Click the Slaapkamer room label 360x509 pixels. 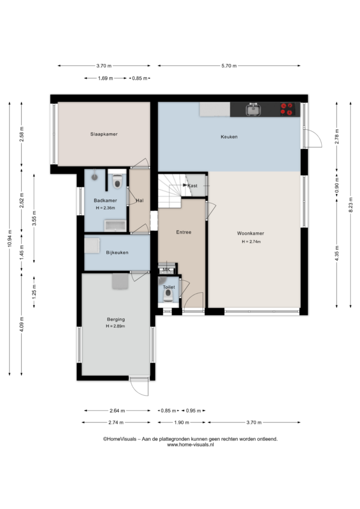[104, 134]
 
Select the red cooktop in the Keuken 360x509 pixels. [287, 109]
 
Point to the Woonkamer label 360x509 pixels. [250, 233]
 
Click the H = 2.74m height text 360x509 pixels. [251, 242]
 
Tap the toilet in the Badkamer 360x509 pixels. [117, 181]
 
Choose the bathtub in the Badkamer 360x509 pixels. [115, 226]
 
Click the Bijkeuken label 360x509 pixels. [117, 252]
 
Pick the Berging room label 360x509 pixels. [116, 320]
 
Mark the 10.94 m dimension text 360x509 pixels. [9, 238]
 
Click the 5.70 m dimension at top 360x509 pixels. [229, 66]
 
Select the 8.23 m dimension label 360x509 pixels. [351, 205]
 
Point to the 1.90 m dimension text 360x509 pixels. [181, 423]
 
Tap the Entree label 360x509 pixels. [184, 232]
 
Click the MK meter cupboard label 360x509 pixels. [167, 269]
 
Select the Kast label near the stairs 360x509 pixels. [192, 186]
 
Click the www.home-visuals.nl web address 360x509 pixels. [190, 445]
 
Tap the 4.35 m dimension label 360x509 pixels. [337, 253]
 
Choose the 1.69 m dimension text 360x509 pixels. [105, 78]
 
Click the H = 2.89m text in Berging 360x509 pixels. [115, 326]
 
